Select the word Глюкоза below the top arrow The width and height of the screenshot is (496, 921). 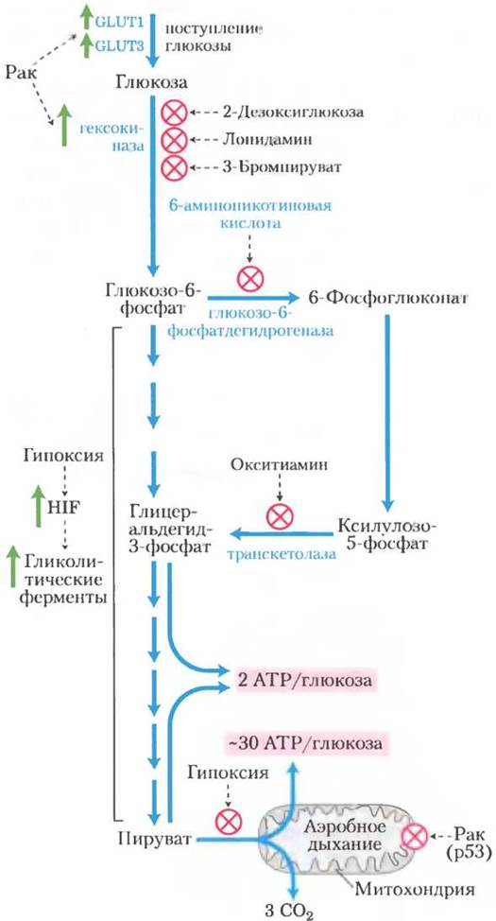click(x=152, y=83)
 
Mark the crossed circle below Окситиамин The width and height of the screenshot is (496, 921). click(x=279, y=516)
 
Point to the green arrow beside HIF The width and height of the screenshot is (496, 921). click(x=37, y=506)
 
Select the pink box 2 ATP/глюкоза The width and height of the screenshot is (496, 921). click(x=304, y=683)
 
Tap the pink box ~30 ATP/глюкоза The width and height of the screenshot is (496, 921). click(x=304, y=743)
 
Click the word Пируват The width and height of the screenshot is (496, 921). click(x=155, y=838)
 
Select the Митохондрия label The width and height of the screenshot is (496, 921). click(x=415, y=889)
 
